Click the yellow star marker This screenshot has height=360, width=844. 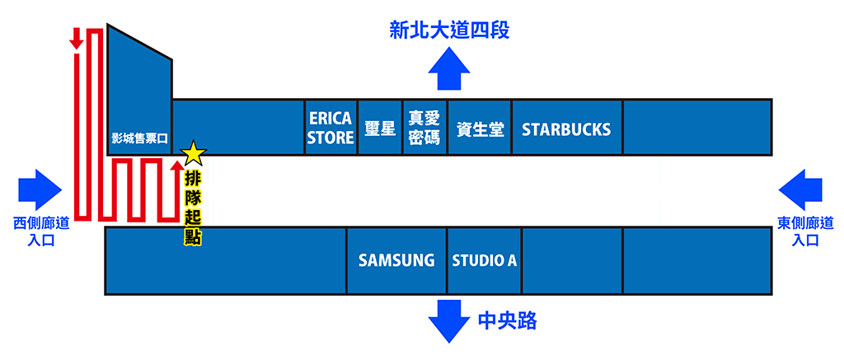click(194, 153)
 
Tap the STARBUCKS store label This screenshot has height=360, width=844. click(566, 129)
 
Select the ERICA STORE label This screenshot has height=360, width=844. click(331, 128)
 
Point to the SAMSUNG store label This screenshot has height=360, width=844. click(396, 260)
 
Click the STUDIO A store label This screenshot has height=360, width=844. click(485, 260)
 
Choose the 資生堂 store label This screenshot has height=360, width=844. click(481, 129)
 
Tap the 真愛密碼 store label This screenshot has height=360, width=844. click(424, 128)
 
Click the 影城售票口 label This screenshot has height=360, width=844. click(139, 138)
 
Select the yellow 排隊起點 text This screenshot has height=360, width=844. click(193, 208)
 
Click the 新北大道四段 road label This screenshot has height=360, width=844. click(449, 30)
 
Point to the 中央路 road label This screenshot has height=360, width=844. click(507, 321)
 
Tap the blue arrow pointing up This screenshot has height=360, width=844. click(449, 68)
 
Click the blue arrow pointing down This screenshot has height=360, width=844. click(449, 321)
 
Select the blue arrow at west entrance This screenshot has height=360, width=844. click(40, 190)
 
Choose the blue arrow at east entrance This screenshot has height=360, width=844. click(800, 190)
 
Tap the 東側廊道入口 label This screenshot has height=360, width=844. click(805, 231)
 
